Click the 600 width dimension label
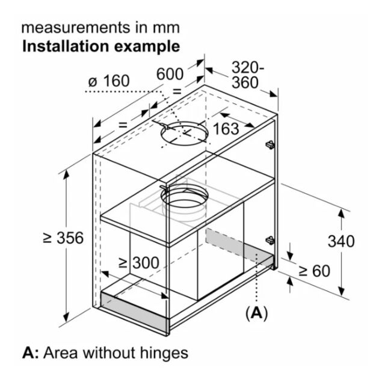[170, 73]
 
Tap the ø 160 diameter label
[109, 81]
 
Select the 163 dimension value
[226, 129]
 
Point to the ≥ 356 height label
[63, 238]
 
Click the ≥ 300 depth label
[139, 263]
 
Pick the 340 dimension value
[341, 241]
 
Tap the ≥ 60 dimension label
[315, 271]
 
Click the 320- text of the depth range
[247, 67]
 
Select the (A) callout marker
[257, 313]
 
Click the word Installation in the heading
[65, 46]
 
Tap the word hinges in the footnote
[164, 353]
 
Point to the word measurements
[76, 28]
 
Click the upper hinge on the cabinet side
[270, 144]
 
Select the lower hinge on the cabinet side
[270, 240]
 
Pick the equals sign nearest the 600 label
[177, 91]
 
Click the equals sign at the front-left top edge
[123, 125]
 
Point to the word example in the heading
[147, 47]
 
